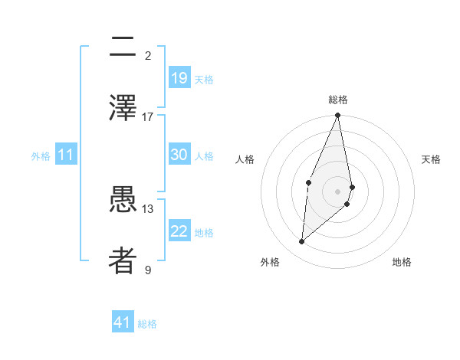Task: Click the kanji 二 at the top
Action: pos(123,47)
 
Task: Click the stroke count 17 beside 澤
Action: pos(148,117)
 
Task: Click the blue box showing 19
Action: pos(179,77)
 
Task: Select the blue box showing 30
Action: pos(179,155)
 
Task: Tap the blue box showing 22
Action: pos(179,231)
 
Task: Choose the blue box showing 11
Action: pos(66,155)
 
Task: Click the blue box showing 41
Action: pos(123,322)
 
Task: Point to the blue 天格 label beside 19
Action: pos(203,80)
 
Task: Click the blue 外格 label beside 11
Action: pos(41,156)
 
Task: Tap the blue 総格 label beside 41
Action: pos(147,324)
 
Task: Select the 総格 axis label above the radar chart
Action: pos(338,100)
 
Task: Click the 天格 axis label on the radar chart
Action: pos(432,159)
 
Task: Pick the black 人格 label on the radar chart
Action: pos(245,159)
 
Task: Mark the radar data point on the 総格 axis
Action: pos(338,116)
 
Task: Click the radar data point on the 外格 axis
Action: pos(302,241)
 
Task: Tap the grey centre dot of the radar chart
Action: pos(338,191)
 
